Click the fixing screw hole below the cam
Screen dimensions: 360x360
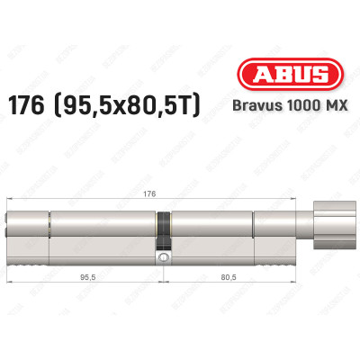[163, 259]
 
